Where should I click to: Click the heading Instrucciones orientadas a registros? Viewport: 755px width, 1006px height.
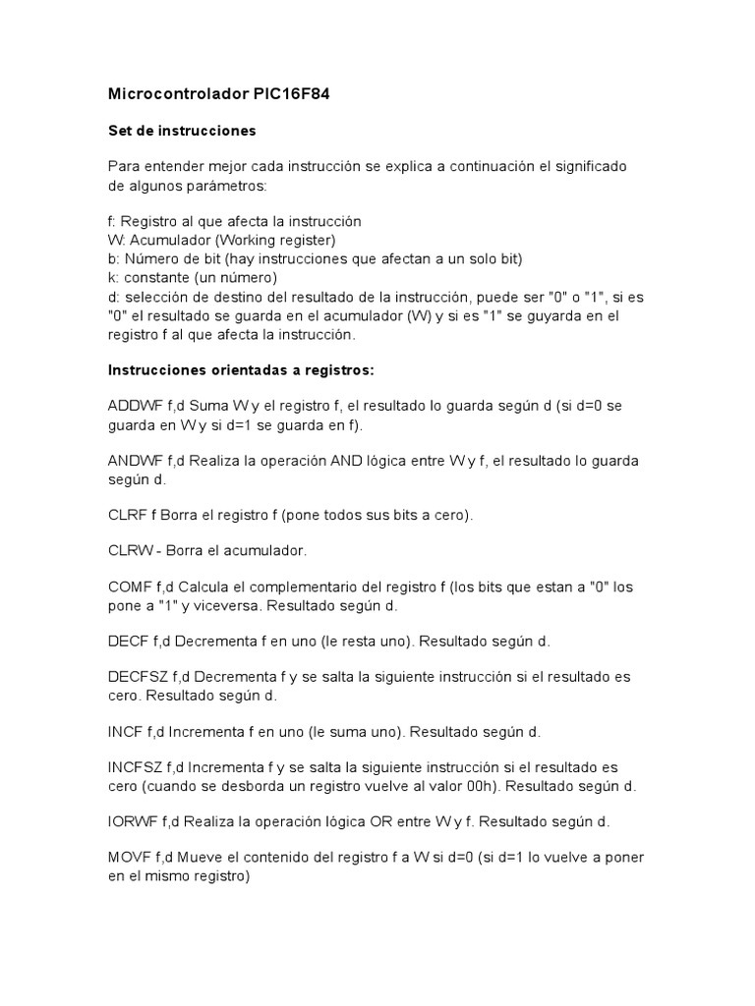(241, 370)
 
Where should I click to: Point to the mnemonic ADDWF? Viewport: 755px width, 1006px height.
(135, 407)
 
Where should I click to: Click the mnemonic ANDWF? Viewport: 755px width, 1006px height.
(135, 462)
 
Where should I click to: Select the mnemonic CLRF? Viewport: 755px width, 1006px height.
(126, 516)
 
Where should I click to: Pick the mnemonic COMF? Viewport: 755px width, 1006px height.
(128, 587)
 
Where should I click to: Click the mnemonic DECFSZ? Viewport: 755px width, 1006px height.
(138, 678)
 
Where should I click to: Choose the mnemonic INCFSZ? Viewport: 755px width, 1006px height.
(135, 768)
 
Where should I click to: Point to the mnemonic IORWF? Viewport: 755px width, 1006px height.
(132, 821)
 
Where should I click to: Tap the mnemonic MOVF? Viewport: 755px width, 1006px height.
(128, 858)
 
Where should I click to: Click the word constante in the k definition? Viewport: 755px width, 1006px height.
(153, 278)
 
